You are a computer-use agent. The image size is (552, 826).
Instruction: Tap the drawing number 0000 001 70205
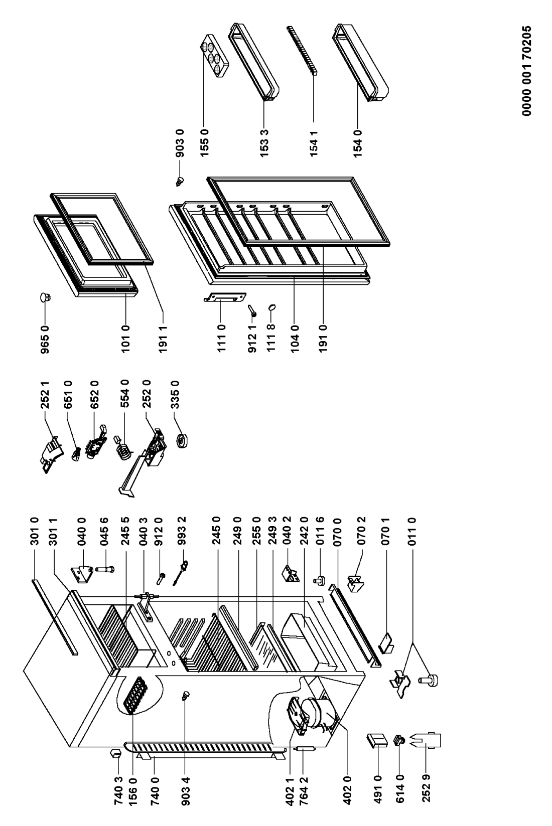click(x=526, y=70)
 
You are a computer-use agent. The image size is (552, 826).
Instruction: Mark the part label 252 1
click(x=45, y=395)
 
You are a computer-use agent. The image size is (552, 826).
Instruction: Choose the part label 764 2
click(x=303, y=789)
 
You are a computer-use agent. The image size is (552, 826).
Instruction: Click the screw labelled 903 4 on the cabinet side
click(x=186, y=695)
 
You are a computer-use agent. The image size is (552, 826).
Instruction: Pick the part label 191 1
click(x=163, y=339)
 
